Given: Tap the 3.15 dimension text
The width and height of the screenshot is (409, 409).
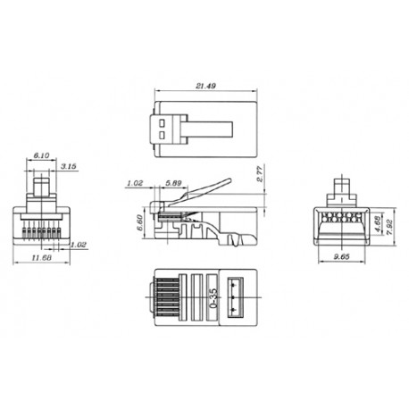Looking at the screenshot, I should pos(67,165).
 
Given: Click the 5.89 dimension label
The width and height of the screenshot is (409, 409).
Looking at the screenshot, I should pos(175,184).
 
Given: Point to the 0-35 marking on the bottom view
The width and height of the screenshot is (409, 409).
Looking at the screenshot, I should pos(212,293).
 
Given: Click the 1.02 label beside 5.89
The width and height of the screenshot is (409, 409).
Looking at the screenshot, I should pos(134,184).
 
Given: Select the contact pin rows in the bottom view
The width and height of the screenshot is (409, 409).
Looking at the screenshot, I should pos(164,293).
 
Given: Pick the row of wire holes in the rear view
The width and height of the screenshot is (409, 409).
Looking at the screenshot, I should pos(339,216).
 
